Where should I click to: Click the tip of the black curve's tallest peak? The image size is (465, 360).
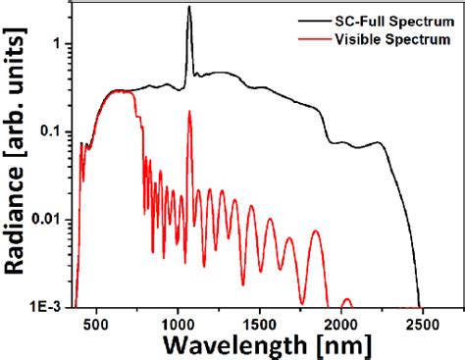(x=189, y=7)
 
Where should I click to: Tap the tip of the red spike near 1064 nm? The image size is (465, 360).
(x=189, y=112)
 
